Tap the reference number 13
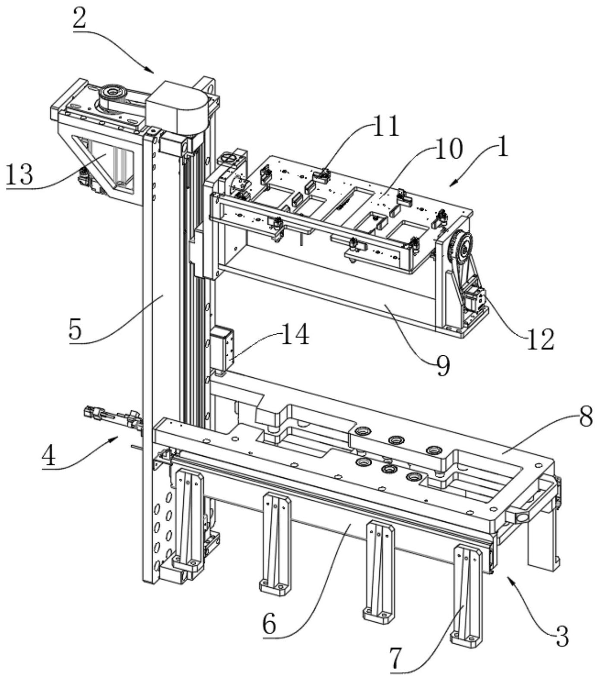[19, 175]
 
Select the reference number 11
[385, 127]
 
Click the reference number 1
[501, 147]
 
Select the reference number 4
[49, 456]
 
